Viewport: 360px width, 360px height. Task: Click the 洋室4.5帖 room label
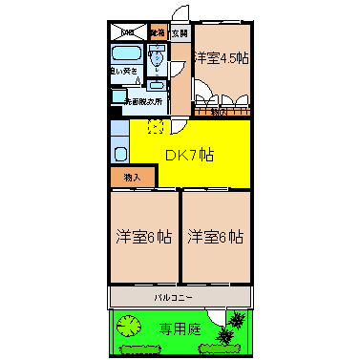222,57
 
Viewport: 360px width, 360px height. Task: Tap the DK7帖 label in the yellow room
188,156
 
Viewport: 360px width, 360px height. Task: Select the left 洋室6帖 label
143,236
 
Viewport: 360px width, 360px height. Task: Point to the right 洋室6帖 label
215,236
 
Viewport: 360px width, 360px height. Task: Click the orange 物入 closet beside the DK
132,178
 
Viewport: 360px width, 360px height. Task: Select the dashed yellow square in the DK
156,127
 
